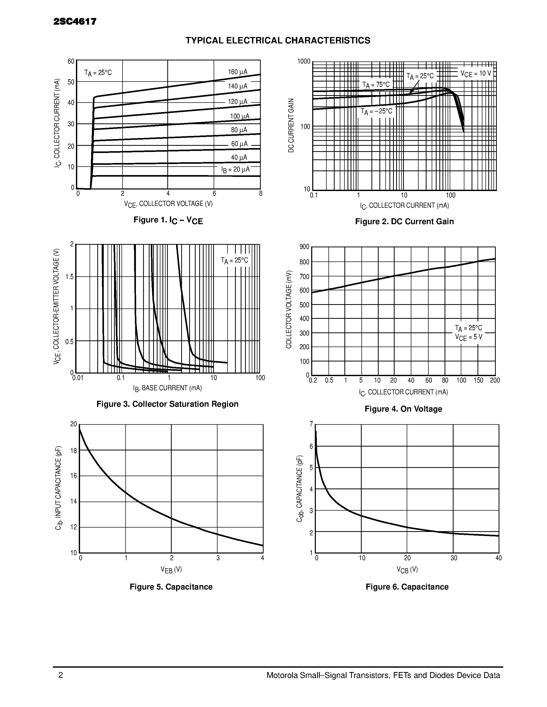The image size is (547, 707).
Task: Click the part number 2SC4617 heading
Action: tap(75, 22)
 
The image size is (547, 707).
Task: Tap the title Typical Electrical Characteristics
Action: tap(278, 40)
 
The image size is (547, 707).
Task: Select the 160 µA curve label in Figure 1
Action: tap(238, 72)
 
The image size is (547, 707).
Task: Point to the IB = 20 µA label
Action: tap(236, 169)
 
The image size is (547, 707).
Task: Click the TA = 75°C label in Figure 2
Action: tap(376, 85)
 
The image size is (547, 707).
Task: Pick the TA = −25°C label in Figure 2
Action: tap(377, 111)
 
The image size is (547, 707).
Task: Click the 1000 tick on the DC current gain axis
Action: tap(304, 61)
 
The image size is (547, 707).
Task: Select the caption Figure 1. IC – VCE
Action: tap(168, 220)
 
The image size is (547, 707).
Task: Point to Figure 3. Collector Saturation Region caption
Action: tap(168, 404)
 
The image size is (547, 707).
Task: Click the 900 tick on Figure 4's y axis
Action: tap(304, 247)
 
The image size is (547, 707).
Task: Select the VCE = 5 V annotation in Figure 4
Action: tap(468, 337)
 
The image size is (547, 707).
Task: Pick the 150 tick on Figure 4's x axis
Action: tap(478, 380)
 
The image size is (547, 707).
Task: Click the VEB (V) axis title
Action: tap(171, 570)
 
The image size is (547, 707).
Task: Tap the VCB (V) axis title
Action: tap(407, 570)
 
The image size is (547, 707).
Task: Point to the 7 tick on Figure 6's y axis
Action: tap(311, 424)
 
